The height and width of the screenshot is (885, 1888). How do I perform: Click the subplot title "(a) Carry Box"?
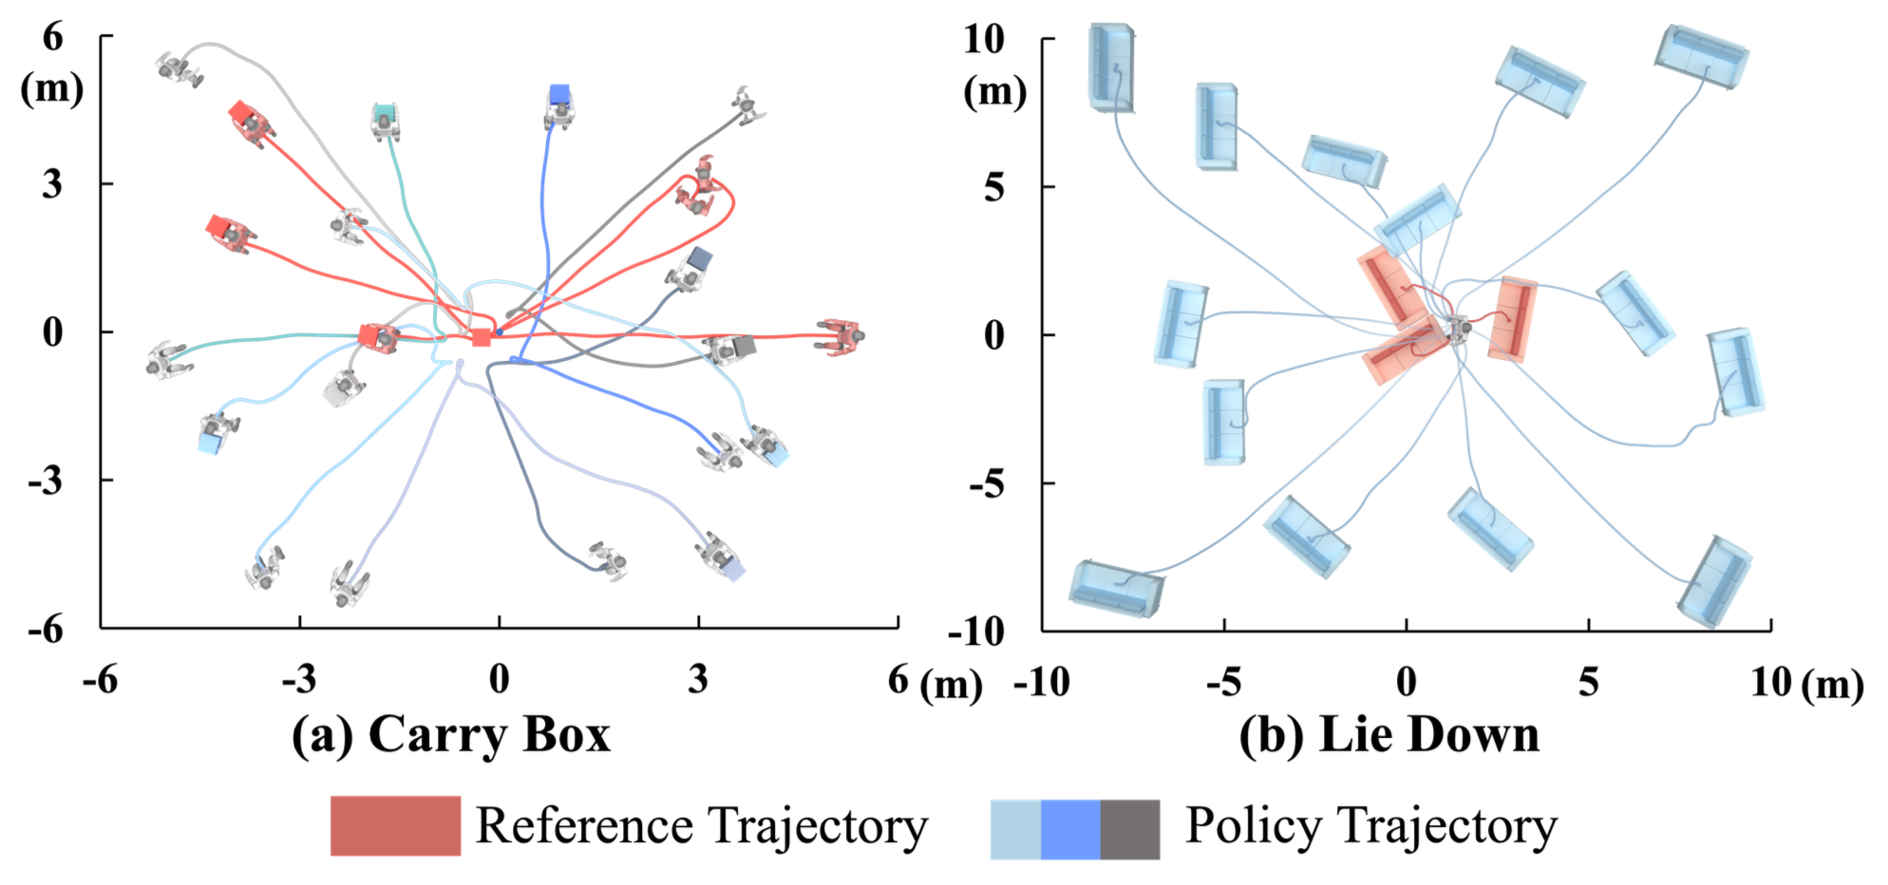click(450, 735)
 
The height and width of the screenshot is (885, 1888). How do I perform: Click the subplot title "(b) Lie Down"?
click(1388, 735)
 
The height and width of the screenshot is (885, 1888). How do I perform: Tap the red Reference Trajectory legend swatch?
click(395, 825)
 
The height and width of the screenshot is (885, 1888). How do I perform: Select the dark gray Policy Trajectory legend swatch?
click(1130, 829)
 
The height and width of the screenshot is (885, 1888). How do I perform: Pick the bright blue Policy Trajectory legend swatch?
click(1070, 829)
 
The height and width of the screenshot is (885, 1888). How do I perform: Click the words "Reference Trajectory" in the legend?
click(701, 826)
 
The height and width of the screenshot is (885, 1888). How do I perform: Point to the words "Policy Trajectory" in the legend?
click(1370, 826)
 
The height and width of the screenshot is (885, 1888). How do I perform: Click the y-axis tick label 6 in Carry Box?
click(52, 38)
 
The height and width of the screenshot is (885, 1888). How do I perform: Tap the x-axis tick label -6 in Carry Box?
click(100, 680)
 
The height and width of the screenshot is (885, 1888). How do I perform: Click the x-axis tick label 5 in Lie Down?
click(1588, 682)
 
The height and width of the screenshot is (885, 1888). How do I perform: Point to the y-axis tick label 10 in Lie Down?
click(984, 40)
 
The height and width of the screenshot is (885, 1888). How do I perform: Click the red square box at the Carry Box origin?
click(481, 337)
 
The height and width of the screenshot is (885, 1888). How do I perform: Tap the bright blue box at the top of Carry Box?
click(559, 94)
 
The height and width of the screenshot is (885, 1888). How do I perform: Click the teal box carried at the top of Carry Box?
click(385, 114)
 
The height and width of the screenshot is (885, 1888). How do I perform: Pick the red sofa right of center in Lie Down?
click(1512, 319)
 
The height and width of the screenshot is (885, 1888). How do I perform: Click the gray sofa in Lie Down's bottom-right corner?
click(1714, 580)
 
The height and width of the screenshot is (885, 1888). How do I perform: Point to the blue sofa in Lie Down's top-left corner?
click(1110, 67)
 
